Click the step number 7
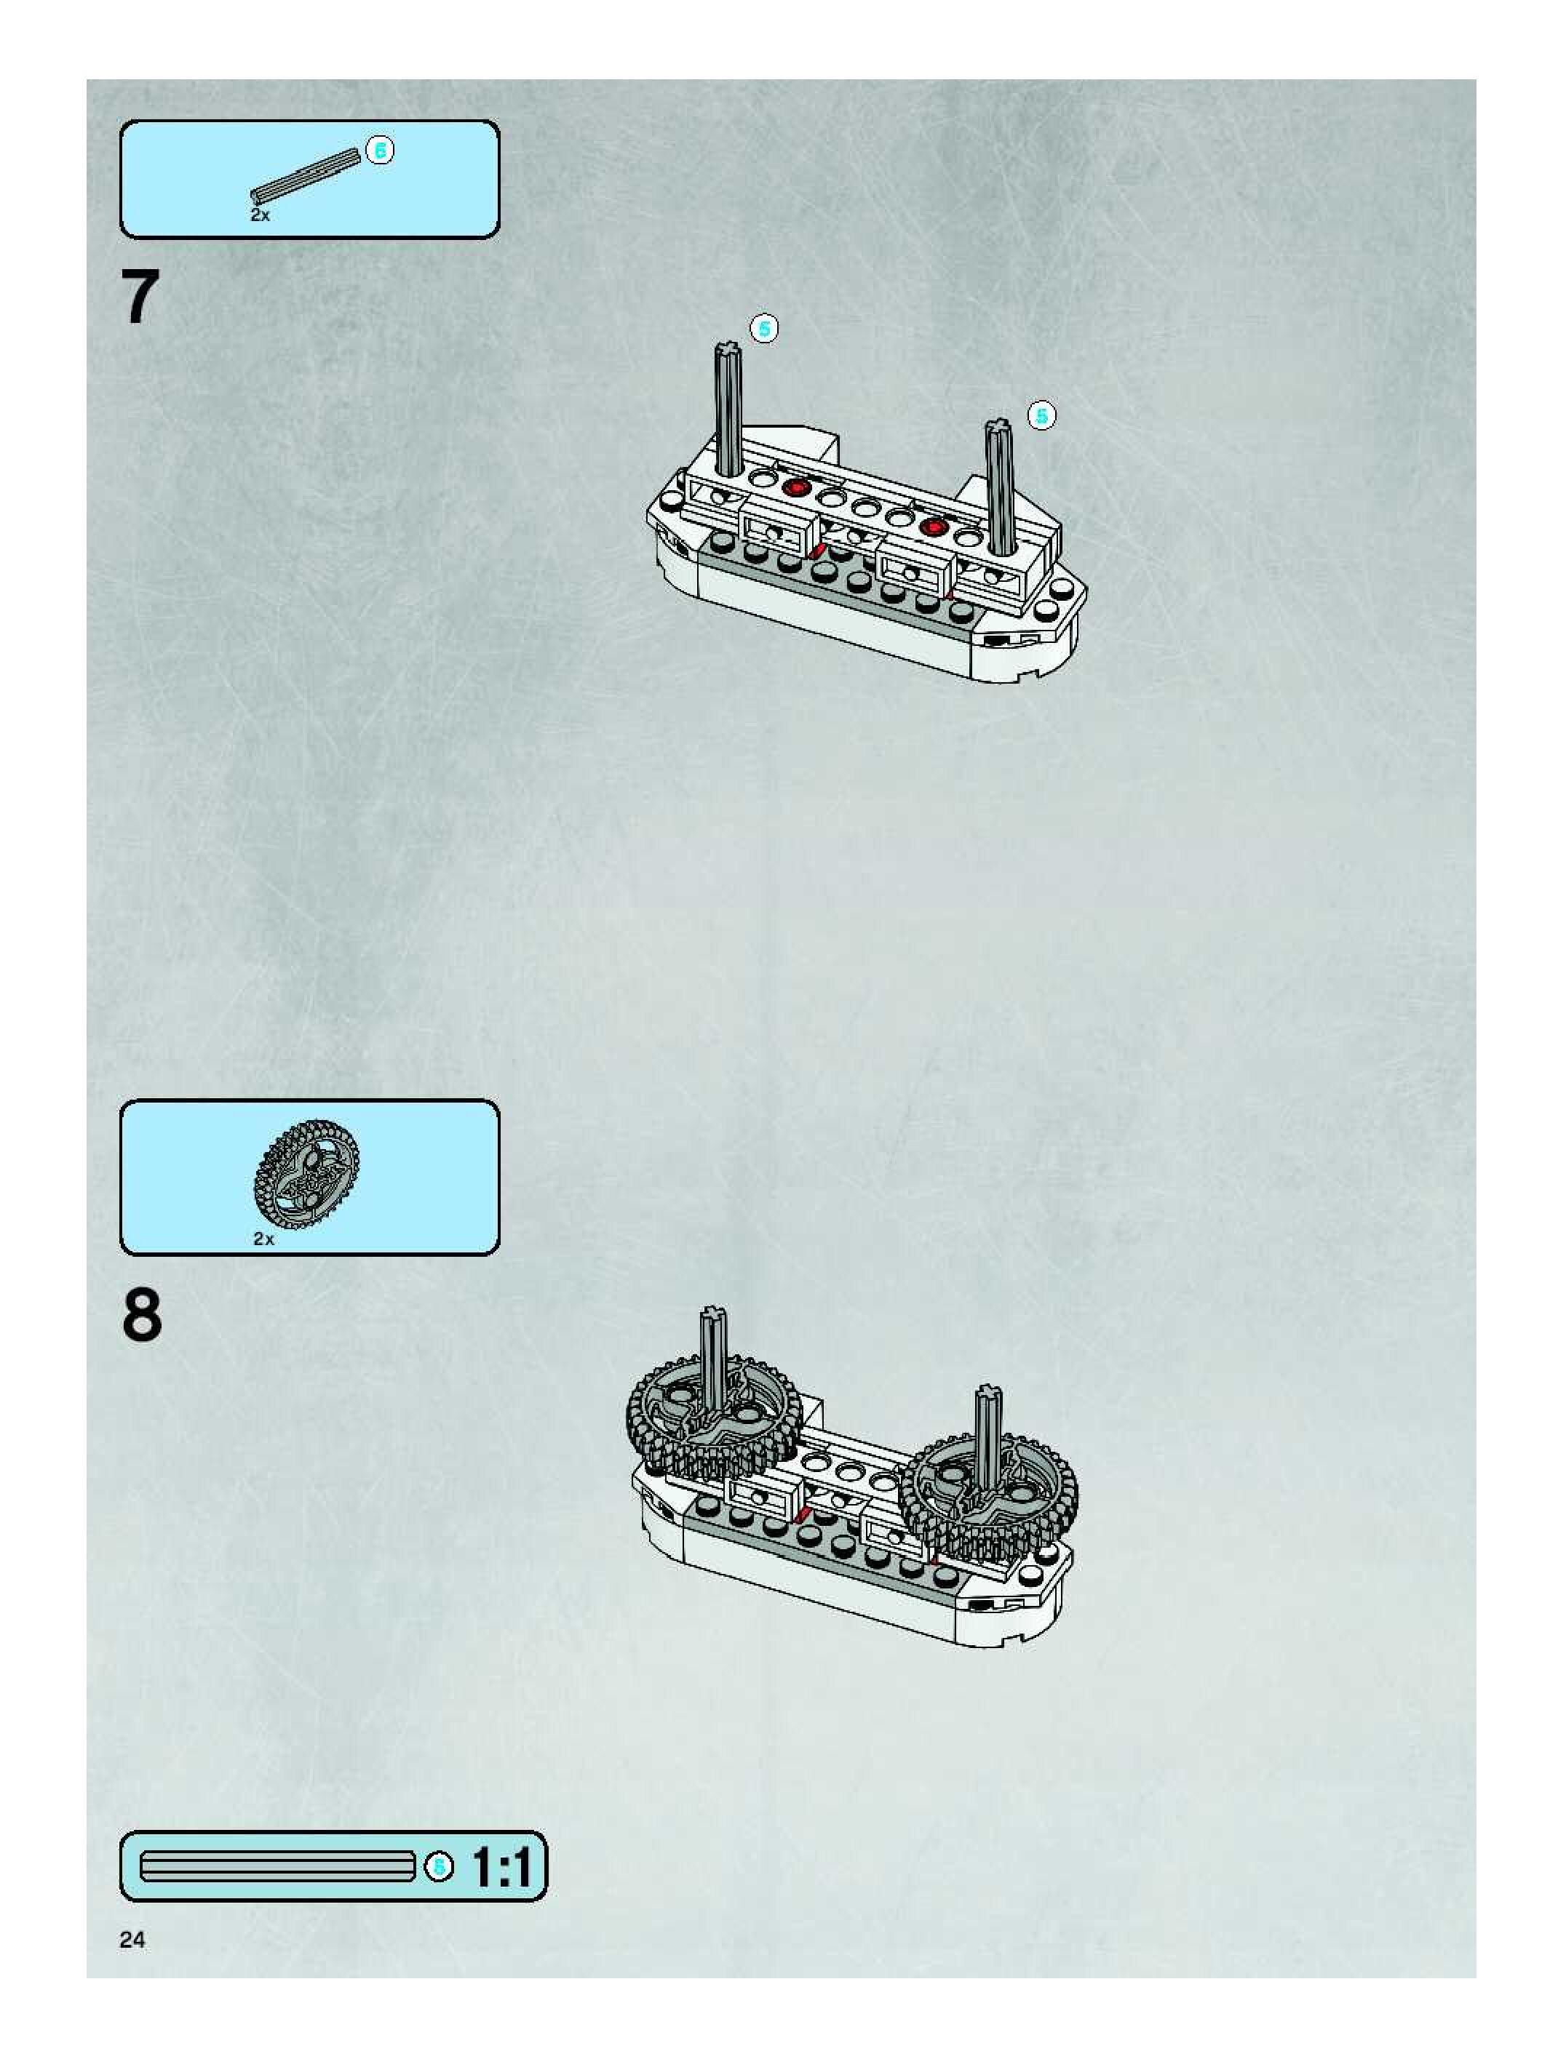140,297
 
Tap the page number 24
132,1941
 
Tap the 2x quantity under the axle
260,215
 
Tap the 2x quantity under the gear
263,1239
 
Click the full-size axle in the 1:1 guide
277,1867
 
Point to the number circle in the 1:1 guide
439,1867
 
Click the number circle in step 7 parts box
380,150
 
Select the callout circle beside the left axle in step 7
764,329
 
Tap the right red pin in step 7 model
932,527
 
